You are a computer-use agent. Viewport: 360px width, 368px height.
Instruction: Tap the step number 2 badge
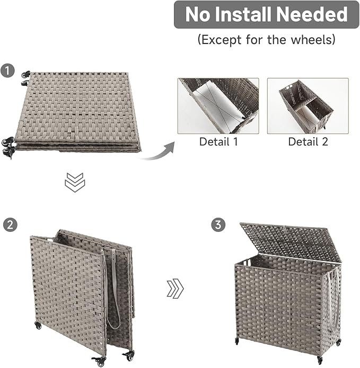pos(8,224)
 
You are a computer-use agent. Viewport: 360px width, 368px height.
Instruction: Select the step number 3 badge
pos(217,225)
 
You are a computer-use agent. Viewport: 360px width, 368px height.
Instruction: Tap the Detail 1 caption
pos(218,141)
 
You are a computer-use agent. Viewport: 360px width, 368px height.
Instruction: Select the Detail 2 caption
pos(308,141)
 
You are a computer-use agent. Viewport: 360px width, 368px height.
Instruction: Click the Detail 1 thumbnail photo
pos(218,106)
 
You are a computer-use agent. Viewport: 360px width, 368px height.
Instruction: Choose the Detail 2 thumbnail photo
pos(308,106)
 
